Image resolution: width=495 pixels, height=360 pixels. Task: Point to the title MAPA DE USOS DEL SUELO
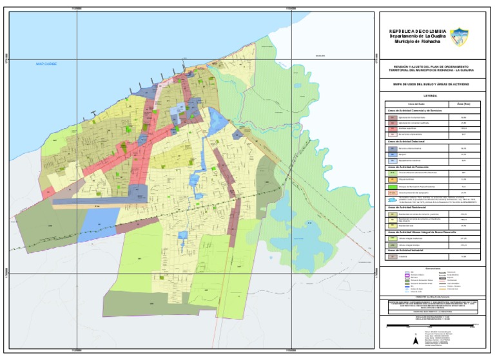point(431,84)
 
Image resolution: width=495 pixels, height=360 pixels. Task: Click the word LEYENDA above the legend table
point(431,95)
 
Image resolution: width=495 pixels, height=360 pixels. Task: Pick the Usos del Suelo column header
point(410,104)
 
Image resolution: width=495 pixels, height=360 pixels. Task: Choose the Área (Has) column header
point(464,104)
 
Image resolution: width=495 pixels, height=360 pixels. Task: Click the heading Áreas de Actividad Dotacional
point(410,141)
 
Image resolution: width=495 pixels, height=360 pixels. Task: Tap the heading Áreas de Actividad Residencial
point(411,208)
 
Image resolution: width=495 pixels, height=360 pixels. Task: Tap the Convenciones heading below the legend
point(431,268)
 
